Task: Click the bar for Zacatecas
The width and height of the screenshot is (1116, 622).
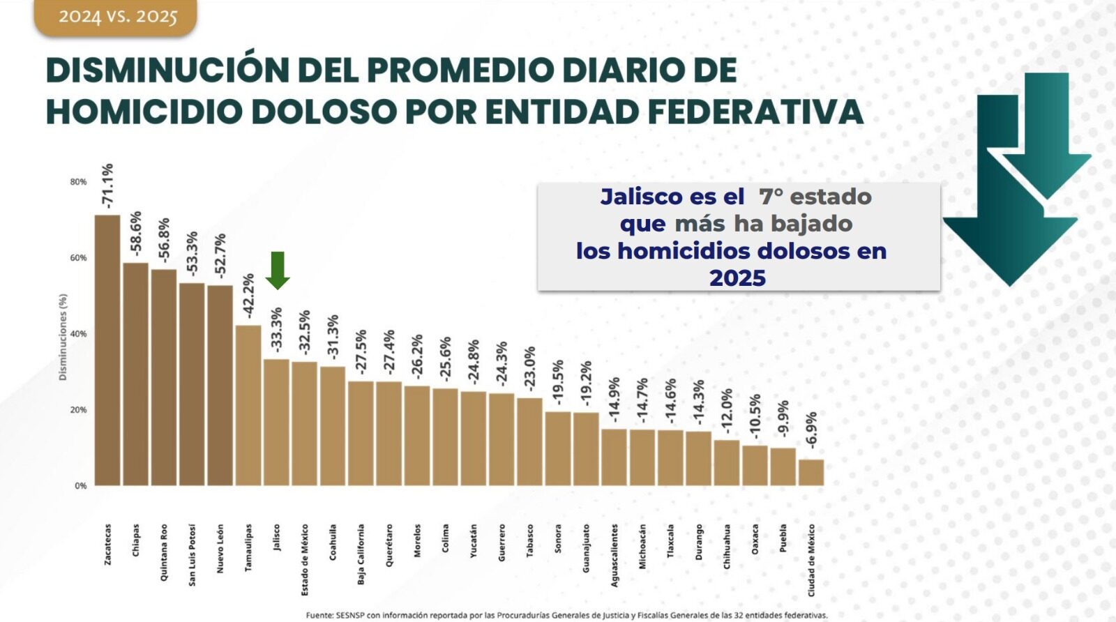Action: coord(107,350)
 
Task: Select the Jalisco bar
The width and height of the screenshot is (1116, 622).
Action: coord(276,422)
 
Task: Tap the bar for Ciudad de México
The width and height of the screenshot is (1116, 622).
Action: coord(810,472)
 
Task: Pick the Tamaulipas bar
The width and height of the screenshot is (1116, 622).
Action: coord(248,405)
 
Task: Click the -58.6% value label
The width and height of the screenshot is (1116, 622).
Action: coord(136,233)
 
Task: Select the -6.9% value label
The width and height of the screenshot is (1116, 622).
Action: coord(810,430)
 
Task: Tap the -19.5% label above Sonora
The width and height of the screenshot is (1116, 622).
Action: coord(558,382)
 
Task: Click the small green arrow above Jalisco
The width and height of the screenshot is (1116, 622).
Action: coord(278,270)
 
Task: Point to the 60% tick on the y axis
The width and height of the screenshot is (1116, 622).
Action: coord(78,258)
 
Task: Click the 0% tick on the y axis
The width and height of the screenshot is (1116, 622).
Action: coord(81,486)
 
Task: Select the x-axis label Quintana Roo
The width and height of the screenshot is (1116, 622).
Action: coord(164,552)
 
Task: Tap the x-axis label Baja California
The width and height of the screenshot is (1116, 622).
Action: coord(361,554)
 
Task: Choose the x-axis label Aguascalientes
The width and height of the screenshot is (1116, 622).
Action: coord(614,555)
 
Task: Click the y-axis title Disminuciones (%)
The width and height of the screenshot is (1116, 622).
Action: coord(63,337)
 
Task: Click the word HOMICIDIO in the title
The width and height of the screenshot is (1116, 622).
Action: coord(144,112)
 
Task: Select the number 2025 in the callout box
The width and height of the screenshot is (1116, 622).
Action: coord(737,278)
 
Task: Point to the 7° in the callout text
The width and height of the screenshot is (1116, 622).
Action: coord(771,197)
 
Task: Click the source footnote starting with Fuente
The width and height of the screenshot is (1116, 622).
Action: coord(566,615)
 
